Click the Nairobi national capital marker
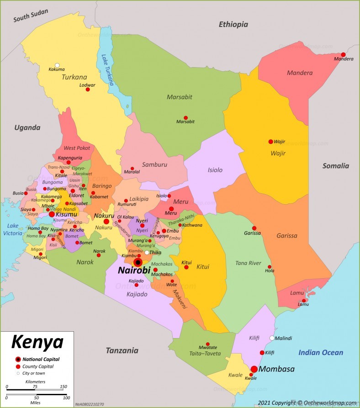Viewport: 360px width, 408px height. pos(138,262)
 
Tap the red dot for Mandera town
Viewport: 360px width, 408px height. pos(343,54)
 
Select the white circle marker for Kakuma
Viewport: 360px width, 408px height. pos(57,65)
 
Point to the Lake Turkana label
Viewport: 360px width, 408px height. pos(108,70)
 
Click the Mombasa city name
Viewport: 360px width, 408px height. pos(276,369)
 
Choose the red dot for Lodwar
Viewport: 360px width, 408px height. pos(88,90)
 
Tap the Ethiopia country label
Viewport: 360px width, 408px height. pos(233,24)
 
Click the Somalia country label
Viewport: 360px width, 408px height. pos(336,166)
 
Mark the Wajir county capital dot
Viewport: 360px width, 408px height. pos(270,142)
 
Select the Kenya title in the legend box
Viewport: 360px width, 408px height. pos(37,342)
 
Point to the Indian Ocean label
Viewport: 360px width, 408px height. pos(321,352)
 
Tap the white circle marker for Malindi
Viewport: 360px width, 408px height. pos(272,338)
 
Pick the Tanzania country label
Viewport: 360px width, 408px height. pos(122,351)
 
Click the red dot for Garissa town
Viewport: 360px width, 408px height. pos(254,228)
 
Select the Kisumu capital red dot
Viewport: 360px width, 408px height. pos(52,214)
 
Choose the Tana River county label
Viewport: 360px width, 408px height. pos(248,263)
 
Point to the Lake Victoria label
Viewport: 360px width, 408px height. pos(13,229)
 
